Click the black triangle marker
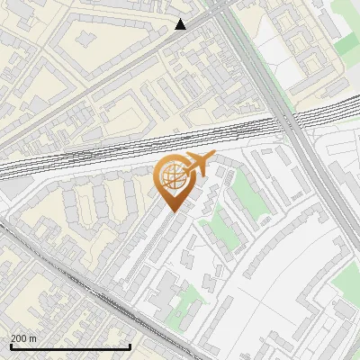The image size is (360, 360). point(181,24)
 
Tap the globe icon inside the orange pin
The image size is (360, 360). point(173,178)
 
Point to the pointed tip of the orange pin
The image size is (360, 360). point(172,211)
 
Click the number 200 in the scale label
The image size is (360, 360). point(19,338)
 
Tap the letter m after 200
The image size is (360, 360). point(33,338)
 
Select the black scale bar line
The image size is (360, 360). point(70,346)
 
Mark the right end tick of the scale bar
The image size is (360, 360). point(130,345)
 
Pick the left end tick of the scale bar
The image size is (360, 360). point(10,345)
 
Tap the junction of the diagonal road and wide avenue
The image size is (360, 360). point(216,11)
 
